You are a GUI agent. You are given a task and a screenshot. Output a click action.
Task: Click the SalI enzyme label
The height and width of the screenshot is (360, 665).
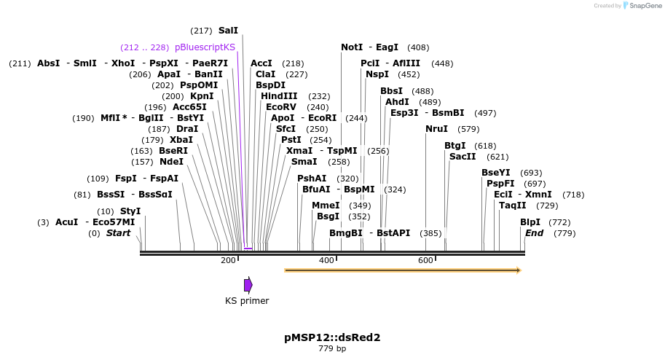point(228,31)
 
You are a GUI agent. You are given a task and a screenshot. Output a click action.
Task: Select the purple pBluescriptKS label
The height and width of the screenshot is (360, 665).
point(205,47)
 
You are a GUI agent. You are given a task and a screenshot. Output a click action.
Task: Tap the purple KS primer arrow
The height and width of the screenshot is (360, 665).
point(248,284)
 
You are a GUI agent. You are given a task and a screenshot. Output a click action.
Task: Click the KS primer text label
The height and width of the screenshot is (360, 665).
point(247,301)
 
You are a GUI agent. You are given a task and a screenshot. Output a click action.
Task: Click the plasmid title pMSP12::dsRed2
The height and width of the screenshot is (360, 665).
point(332,337)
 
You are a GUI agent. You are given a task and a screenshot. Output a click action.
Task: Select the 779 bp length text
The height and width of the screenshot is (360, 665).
point(332,349)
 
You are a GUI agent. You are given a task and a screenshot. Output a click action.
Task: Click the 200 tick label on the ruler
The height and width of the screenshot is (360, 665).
point(228,261)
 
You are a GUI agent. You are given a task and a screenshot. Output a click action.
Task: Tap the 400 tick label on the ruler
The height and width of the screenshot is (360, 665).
point(326,261)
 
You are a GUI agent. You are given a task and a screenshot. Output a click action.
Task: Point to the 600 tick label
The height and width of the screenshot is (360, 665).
point(425,261)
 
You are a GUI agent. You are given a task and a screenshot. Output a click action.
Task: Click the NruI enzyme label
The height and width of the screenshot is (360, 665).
point(437,129)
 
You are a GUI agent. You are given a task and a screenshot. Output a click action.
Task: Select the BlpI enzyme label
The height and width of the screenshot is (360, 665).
point(530,222)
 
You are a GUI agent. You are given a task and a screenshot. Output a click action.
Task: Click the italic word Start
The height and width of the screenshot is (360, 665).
point(118,233)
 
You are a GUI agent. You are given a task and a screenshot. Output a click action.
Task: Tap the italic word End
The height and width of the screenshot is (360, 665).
point(534,233)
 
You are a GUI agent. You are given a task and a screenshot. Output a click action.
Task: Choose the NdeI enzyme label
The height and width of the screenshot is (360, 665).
point(172,162)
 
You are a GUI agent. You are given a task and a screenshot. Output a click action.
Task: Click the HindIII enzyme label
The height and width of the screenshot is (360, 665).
point(279,96)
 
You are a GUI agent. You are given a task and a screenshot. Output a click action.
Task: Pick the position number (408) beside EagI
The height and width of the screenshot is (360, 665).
point(418,47)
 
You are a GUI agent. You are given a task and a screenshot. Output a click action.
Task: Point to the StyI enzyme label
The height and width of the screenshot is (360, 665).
point(130,211)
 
